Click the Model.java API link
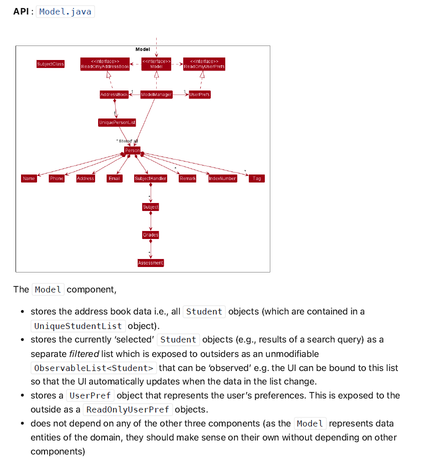coord(65,11)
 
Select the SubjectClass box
coord(51,64)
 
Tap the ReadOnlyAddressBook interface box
coord(105,64)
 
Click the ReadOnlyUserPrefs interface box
coord(204,64)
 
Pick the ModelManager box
coord(156,94)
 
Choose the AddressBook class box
coord(114,94)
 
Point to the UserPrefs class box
coord(199,94)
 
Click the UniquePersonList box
coord(117,122)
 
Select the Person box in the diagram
coord(132,150)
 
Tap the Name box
coord(29,178)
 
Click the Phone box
coord(57,178)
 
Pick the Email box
coord(114,178)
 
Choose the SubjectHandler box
coord(151,178)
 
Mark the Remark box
coord(187,178)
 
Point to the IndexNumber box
coord(222,178)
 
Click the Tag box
coord(257,178)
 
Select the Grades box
coord(151,235)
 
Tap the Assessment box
coord(151,263)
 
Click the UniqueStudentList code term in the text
coord(78,326)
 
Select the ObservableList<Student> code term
coord(94,368)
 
